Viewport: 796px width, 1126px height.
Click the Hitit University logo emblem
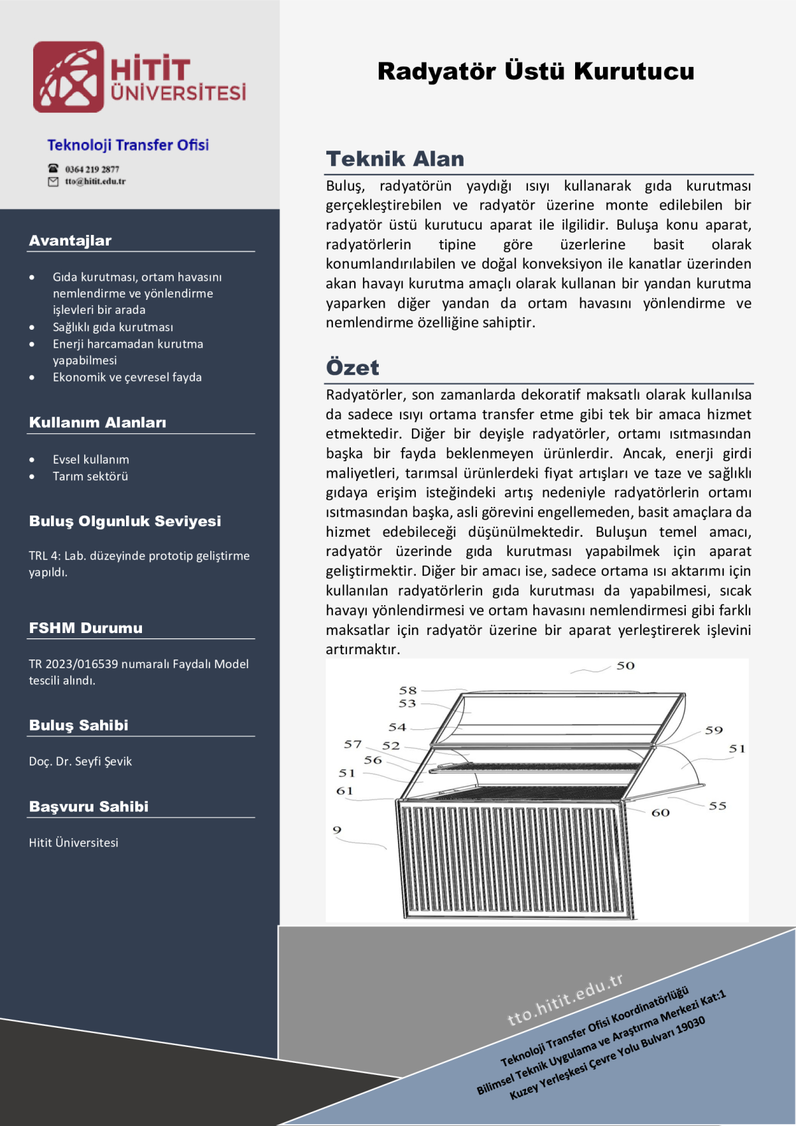(68, 77)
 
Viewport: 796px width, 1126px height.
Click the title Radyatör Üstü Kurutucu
(535, 71)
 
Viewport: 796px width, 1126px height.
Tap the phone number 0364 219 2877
(92, 169)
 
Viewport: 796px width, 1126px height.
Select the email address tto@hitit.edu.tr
(95, 181)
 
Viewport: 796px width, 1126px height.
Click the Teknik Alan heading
(395, 159)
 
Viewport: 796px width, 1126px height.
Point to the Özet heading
(352, 368)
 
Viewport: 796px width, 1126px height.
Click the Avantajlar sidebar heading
(70, 241)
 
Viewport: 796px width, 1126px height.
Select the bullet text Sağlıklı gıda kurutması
(113, 327)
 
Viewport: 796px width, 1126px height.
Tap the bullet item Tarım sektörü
(90, 476)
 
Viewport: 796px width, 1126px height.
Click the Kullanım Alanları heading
(98, 423)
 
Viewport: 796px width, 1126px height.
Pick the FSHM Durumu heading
(86, 628)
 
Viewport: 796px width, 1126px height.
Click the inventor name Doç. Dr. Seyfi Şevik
(80, 762)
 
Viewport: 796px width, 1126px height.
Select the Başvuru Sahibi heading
(89, 807)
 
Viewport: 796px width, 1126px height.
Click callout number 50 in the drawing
(626, 666)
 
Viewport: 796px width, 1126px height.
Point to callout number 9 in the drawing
(337, 830)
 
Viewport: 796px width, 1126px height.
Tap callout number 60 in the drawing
(660, 813)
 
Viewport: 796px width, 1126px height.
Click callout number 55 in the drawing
(717, 806)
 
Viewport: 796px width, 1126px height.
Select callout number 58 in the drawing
(407, 691)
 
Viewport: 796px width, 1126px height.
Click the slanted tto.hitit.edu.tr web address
(565, 999)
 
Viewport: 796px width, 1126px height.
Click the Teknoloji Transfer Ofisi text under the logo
(128, 145)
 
